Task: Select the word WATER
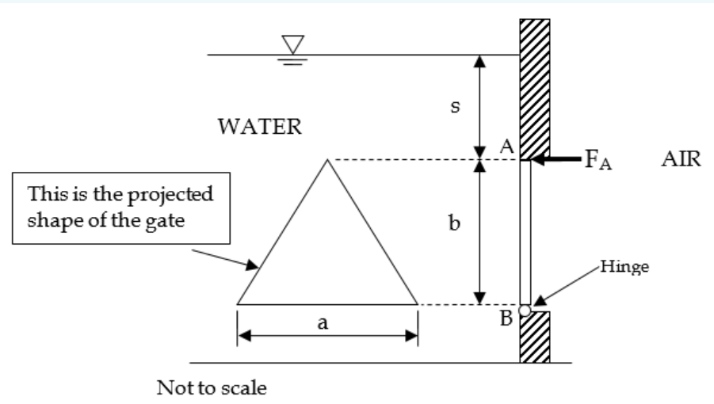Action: tap(259, 128)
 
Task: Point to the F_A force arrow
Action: tap(559, 160)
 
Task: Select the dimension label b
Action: tap(453, 224)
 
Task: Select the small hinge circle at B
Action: tap(525, 310)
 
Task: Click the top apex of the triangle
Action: tap(326, 160)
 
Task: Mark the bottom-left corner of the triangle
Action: tap(238, 304)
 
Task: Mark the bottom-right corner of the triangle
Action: tap(417, 304)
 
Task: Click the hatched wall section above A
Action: tap(534, 87)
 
